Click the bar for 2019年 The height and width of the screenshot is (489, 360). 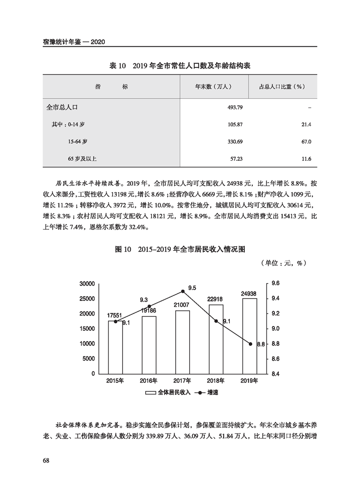[x=250, y=336]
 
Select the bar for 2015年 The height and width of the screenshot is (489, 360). [x=116, y=347]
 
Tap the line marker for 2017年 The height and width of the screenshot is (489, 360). [x=182, y=291]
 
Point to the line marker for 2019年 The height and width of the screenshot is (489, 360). [x=250, y=344]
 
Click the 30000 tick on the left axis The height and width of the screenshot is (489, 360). [x=86, y=284]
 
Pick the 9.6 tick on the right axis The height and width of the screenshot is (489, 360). [x=276, y=284]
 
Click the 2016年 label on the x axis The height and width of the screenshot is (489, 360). [x=149, y=380]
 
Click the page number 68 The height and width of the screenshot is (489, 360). [x=46, y=460]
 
